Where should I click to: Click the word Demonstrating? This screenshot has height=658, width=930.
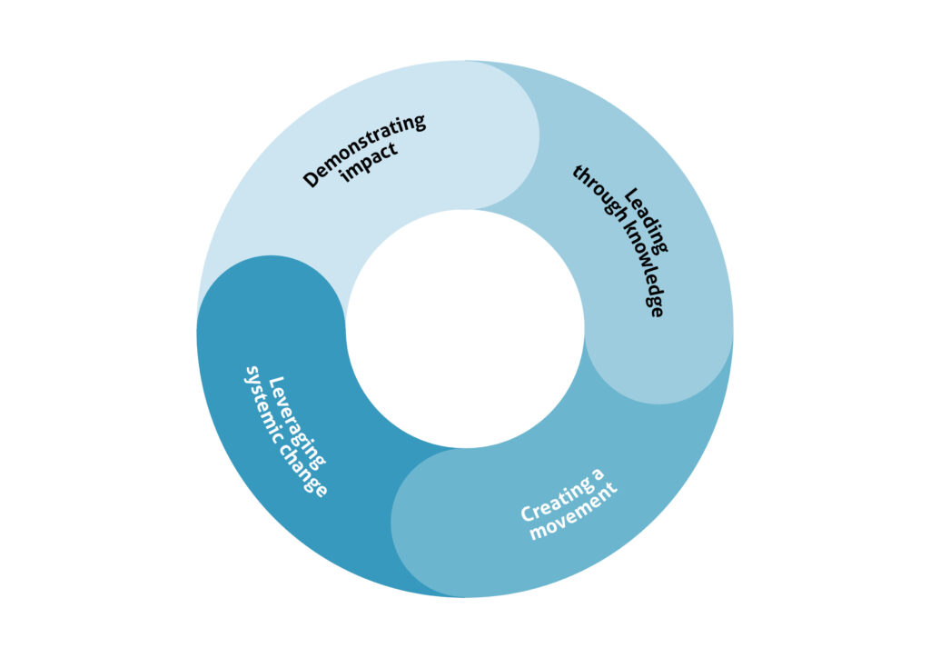(364, 150)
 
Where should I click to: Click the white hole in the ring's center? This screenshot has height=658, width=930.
(465, 328)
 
